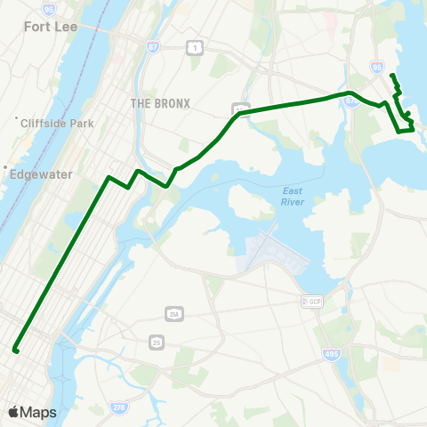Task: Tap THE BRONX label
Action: point(160,103)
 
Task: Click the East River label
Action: point(294,197)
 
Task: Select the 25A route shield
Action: point(173,312)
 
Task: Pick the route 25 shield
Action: point(157,342)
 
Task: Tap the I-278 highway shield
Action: point(118,407)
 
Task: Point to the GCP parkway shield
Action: point(311,302)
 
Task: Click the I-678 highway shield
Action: point(352,101)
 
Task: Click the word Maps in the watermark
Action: point(38,412)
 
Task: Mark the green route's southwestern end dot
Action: point(16,350)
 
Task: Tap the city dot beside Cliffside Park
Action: point(16,119)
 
